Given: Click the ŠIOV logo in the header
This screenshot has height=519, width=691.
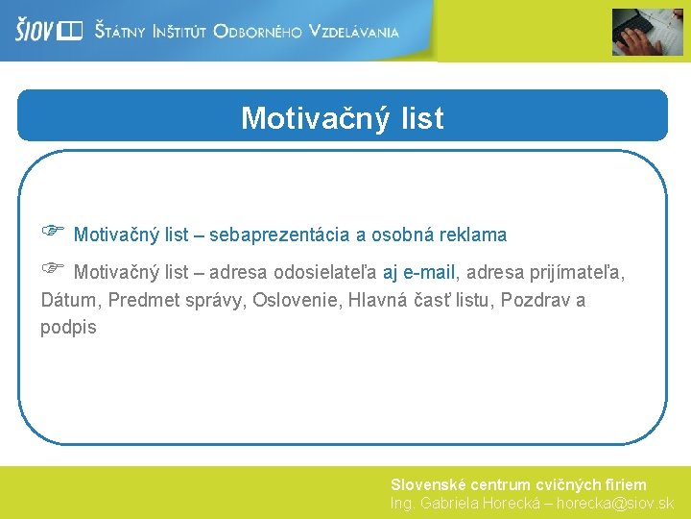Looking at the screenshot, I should pos(48,31).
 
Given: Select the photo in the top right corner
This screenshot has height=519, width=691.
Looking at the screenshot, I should pos(648,32).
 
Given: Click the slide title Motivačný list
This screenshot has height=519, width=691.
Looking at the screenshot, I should pos(343,118).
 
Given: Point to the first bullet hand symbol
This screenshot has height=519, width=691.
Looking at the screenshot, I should pos(52,231).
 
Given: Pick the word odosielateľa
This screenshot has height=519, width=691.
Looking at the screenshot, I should pos(325,272).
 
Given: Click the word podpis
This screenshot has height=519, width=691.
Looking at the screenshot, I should pos(68,327).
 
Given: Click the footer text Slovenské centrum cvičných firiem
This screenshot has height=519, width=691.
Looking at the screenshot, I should pos(518,485).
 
